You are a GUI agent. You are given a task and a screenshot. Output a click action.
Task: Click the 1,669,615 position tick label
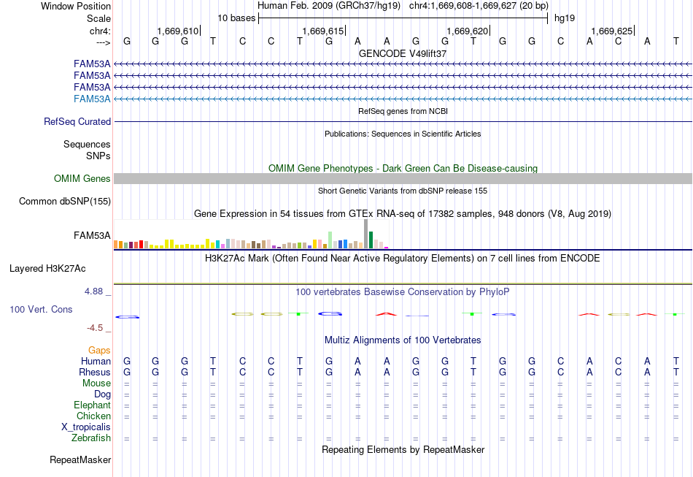click(x=322, y=31)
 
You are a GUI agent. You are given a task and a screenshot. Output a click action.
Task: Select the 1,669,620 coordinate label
click(x=467, y=31)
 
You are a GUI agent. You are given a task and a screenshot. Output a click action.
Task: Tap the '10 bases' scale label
click(x=236, y=18)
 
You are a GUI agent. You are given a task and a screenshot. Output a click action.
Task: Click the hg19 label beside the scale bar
click(x=565, y=18)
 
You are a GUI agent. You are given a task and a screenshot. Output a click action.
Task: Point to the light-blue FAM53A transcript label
click(x=92, y=99)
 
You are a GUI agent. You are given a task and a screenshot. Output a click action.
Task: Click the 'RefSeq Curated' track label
click(x=77, y=122)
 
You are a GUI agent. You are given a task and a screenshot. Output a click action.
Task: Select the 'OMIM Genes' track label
click(x=82, y=178)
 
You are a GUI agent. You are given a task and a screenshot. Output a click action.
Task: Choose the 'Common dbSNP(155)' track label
click(x=65, y=202)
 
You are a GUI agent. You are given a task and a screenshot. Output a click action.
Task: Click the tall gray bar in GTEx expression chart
click(x=366, y=234)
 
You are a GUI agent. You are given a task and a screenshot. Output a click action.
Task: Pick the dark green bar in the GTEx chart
click(x=371, y=240)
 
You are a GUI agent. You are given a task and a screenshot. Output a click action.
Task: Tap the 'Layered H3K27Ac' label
click(x=47, y=269)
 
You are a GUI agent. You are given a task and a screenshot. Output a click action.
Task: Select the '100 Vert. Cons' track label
click(x=41, y=309)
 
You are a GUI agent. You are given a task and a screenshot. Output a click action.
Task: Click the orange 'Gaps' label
click(x=99, y=351)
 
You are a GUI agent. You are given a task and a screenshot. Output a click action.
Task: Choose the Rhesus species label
click(x=95, y=372)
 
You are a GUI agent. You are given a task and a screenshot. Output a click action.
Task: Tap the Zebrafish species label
click(x=91, y=438)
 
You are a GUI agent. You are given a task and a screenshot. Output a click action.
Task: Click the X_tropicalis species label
click(x=86, y=427)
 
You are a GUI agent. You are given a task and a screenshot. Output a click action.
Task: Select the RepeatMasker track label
click(x=80, y=459)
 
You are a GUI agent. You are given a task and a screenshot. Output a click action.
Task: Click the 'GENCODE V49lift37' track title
click(x=403, y=53)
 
